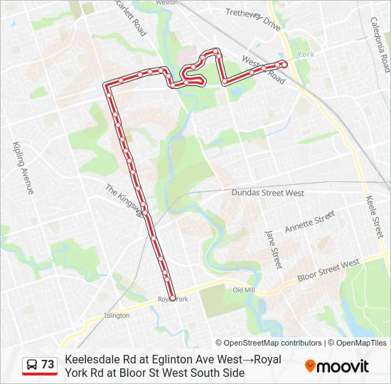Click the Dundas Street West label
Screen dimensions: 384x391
tap(268, 193)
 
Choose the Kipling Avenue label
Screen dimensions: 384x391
tap(23, 167)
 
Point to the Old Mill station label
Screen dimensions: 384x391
tap(243, 290)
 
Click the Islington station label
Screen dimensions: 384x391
tap(117, 315)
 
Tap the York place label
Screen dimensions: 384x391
tap(306, 54)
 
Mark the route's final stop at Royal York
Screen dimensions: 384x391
tap(173, 299)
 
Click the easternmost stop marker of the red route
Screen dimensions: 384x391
tap(284, 64)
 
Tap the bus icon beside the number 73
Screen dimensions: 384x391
tap(31, 365)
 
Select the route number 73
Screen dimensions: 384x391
tap(48, 364)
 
